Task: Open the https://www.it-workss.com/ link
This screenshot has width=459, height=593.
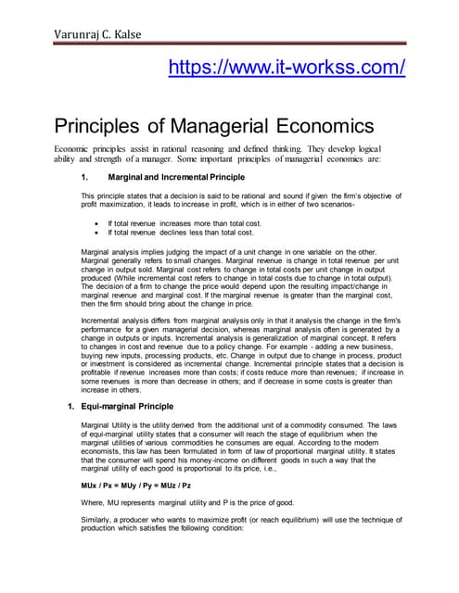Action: pos(287,68)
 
